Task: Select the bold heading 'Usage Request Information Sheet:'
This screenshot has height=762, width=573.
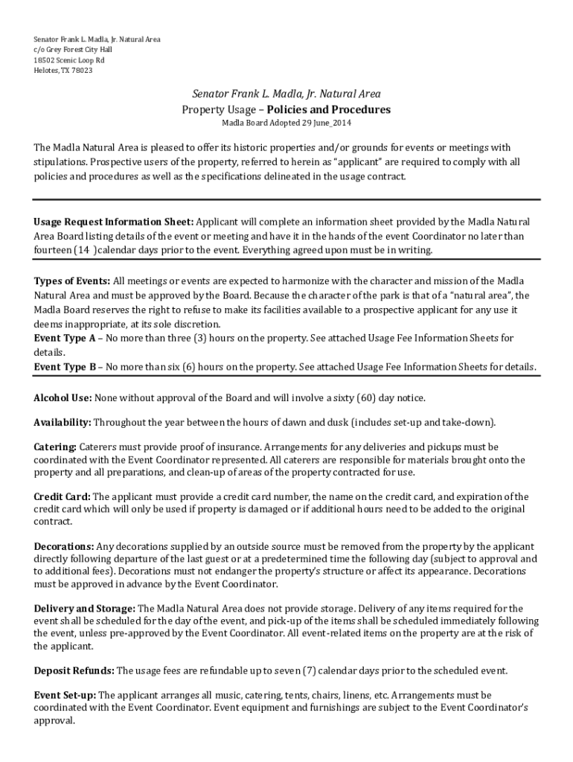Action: [x=114, y=222]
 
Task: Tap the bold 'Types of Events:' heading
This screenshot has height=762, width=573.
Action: [x=72, y=281]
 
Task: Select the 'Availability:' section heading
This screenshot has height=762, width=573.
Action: [x=63, y=422]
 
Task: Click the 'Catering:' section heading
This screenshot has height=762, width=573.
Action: [x=55, y=446]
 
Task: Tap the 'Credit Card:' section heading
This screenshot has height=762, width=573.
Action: [x=63, y=496]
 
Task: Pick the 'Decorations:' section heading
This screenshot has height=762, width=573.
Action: [x=64, y=546]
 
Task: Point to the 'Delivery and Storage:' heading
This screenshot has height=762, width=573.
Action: [x=84, y=608]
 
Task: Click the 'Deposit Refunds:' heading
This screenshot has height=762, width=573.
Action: [x=74, y=670]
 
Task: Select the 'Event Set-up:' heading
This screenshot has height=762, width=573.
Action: [x=65, y=695]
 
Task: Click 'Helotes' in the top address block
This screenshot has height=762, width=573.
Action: [x=46, y=71]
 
